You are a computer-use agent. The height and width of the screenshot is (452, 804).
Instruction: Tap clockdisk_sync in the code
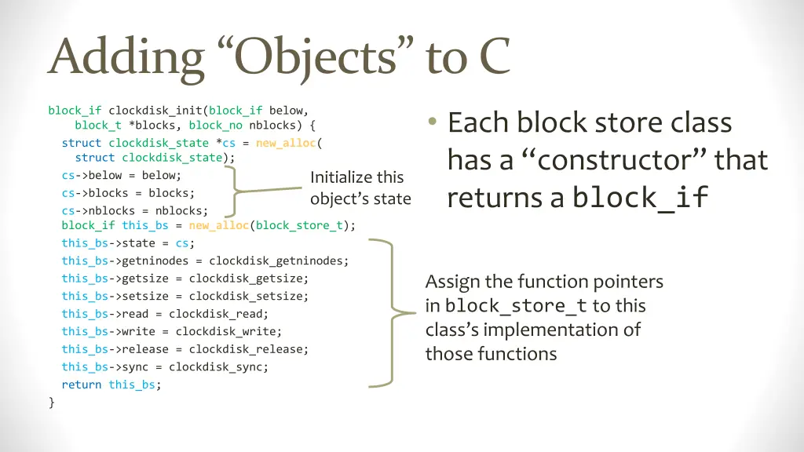coord(218,366)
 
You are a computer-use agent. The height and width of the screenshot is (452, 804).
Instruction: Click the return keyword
coord(82,385)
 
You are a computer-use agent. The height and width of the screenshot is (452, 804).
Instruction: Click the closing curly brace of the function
coord(51,402)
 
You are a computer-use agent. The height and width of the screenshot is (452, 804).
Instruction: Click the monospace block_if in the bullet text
coord(640,198)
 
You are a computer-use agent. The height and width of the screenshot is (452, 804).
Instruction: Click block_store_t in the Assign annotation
coord(516,307)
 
